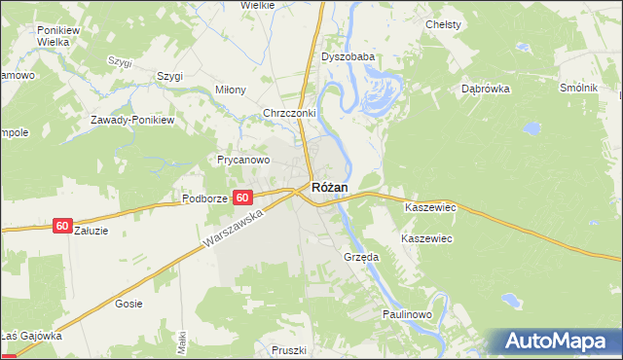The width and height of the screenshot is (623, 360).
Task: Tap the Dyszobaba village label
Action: point(348,57)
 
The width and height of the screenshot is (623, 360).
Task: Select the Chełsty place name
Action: point(443,23)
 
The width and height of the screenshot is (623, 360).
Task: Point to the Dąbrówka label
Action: point(486,88)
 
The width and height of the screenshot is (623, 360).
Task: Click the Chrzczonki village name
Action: point(290,113)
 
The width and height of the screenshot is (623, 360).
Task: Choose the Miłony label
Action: point(231,90)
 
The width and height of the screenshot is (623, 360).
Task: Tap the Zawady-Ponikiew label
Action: point(131,120)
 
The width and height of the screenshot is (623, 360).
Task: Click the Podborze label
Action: point(204,198)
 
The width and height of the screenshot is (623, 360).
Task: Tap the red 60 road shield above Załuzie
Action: point(62,226)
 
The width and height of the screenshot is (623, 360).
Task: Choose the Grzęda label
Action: point(360,257)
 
